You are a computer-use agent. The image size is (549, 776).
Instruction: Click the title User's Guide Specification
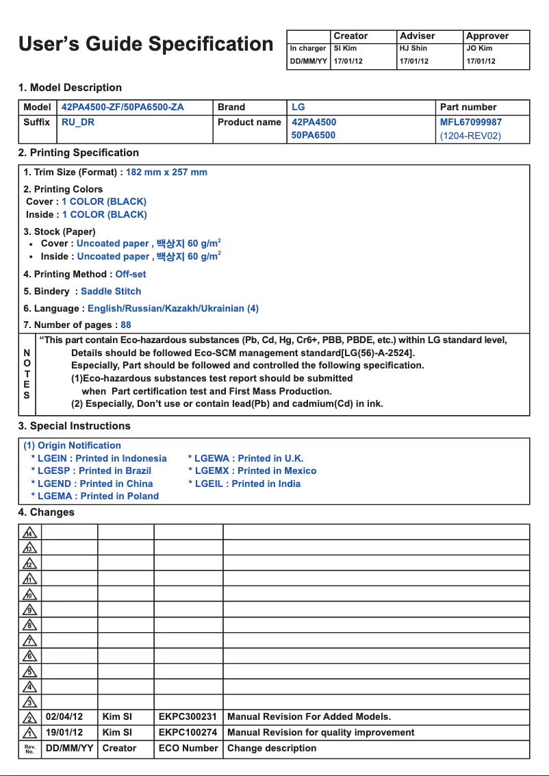tap(146, 45)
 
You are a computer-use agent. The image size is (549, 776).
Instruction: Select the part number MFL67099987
tap(470, 122)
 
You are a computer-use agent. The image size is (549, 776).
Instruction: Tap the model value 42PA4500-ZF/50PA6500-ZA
tap(123, 107)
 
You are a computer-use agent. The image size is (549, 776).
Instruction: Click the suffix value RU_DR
tap(78, 122)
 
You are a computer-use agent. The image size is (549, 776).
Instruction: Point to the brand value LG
tap(298, 107)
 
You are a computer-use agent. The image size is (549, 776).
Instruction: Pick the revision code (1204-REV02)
tap(470, 136)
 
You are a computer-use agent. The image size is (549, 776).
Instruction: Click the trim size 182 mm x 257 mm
tap(166, 172)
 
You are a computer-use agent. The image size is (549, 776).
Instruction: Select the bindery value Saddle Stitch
tap(111, 291)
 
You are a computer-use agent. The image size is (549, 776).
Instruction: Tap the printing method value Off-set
tap(130, 274)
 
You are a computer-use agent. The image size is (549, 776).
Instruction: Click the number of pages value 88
tap(126, 325)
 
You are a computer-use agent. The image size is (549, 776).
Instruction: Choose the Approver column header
tap(487, 36)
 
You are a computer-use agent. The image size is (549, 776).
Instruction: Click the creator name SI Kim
tap(345, 49)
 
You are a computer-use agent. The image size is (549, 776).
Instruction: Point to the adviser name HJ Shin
tap(413, 49)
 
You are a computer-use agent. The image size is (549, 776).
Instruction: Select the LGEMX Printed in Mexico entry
tap(253, 471)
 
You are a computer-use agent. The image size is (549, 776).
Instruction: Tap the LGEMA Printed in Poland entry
tap(94, 496)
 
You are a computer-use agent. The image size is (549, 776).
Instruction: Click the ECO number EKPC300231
tap(188, 716)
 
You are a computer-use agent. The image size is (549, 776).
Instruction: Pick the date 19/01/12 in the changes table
tap(64, 732)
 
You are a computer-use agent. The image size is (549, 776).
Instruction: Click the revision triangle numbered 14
tap(29, 532)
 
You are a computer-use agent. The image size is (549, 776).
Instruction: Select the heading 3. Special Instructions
tap(74, 426)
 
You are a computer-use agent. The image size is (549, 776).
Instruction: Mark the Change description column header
tap(272, 748)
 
